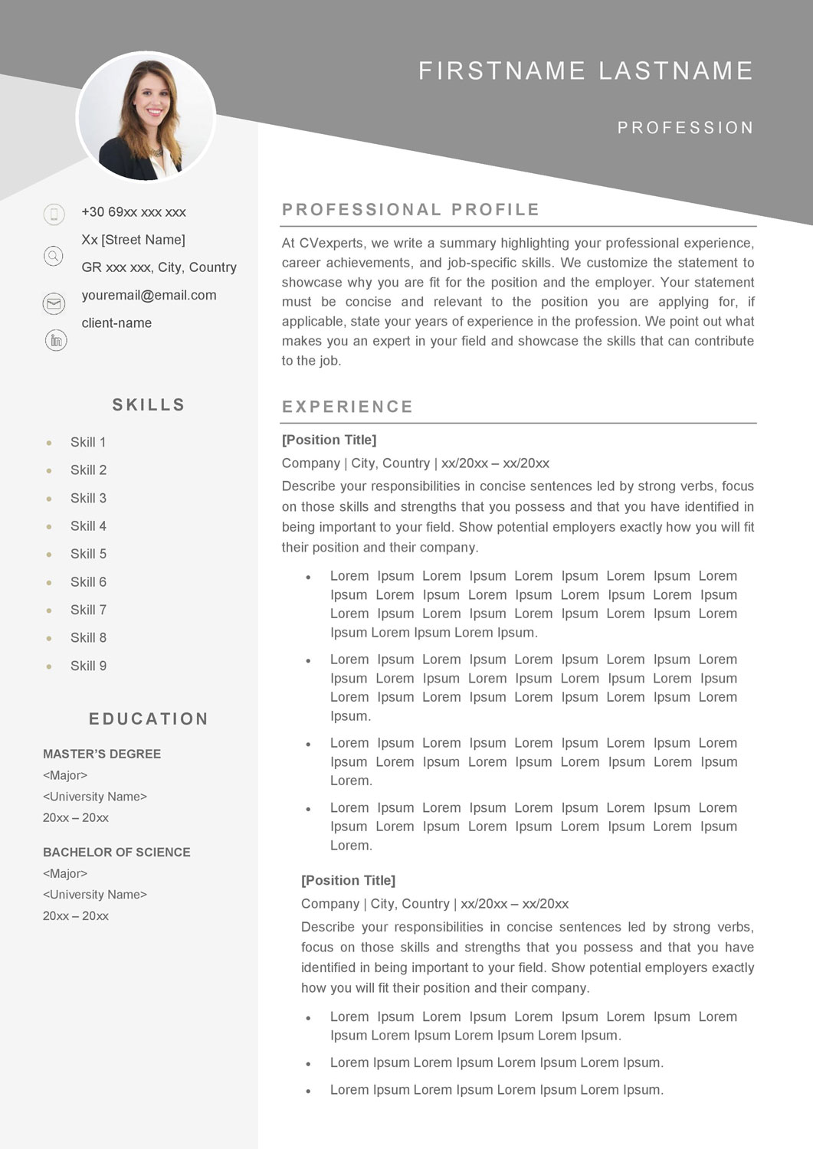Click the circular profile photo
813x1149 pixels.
click(x=146, y=117)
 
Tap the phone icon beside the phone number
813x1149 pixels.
click(x=54, y=214)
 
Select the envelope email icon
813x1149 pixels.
click(x=54, y=303)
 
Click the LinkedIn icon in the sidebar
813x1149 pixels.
click(x=56, y=340)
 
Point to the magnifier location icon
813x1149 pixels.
click(x=54, y=256)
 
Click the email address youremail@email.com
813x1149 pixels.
click(x=149, y=295)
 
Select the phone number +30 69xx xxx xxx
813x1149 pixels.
click(x=133, y=212)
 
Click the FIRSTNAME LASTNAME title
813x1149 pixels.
click(x=585, y=70)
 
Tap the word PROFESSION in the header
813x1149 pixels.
click(x=685, y=128)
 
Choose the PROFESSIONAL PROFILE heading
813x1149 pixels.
click(x=411, y=210)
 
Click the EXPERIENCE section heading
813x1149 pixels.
click(x=347, y=407)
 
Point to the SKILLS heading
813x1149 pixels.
click(x=149, y=404)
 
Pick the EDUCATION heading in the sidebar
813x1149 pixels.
click(x=149, y=719)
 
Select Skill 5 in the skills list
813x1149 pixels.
click(x=88, y=554)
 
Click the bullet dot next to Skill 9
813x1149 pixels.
click(x=49, y=666)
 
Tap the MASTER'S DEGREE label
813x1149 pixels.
click(x=102, y=754)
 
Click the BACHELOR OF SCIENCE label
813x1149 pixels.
click(x=116, y=852)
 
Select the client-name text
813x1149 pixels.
click(x=116, y=322)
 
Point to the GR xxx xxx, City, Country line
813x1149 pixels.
click(x=159, y=267)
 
